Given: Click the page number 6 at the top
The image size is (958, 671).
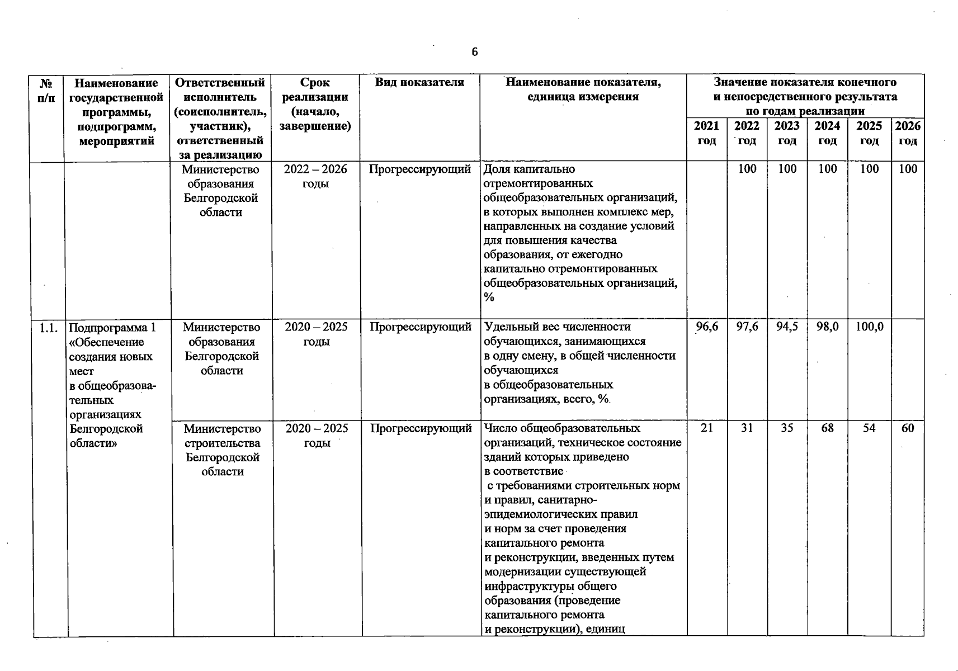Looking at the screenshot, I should pyautogui.click(x=474, y=53).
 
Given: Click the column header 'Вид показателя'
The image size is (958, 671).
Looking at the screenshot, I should pyautogui.click(x=419, y=83).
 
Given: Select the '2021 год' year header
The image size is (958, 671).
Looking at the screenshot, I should pyautogui.click(x=706, y=133).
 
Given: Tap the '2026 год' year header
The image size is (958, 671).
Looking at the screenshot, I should pyautogui.click(x=907, y=133).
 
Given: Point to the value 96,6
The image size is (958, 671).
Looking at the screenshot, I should pyautogui.click(x=707, y=327).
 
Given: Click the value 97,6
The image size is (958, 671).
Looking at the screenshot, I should pyautogui.click(x=747, y=327).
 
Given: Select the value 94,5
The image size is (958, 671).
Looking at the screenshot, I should pyautogui.click(x=787, y=327).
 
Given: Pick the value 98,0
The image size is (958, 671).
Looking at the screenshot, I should pyautogui.click(x=827, y=327).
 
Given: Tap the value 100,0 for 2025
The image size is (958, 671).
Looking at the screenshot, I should pyautogui.click(x=869, y=327).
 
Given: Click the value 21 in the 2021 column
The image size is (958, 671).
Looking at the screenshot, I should pyautogui.click(x=706, y=428).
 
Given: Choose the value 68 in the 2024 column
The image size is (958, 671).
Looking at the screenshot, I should pyautogui.click(x=827, y=428).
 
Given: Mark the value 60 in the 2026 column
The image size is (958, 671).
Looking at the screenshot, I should pyautogui.click(x=907, y=428).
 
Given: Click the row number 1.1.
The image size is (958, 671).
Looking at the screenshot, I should pyautogui.click(x=49, y=328).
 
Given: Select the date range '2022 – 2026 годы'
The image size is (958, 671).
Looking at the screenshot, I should pyautogui.click(x=315, y=176).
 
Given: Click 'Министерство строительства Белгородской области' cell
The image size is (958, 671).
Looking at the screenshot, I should pyautogui.click(x=222, y=450).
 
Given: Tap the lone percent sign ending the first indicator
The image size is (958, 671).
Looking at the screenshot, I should pyautogui.click(x=489, y=297).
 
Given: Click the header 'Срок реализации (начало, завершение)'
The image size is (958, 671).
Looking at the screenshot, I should pyautogui.click(x=315, y=104).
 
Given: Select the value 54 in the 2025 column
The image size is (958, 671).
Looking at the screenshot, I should pyautogui.click(x=869, y=428).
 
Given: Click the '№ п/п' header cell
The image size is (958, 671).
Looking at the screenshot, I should pyautogui.click(x=47, y=90).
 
